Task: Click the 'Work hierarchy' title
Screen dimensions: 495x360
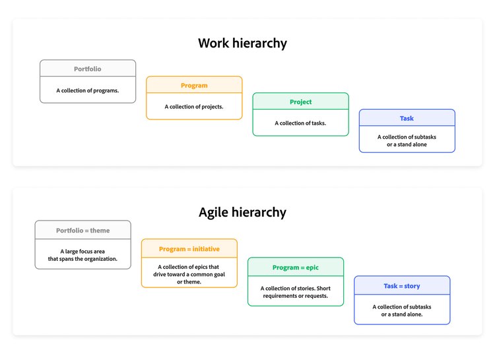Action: (x=242, y=44)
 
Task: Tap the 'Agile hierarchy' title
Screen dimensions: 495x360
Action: (x=242, y=212)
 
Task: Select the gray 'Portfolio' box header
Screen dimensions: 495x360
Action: (x=88, y=68)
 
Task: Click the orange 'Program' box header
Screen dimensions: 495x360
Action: (x=194, y=85)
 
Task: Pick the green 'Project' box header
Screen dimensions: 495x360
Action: (x=300, y=101)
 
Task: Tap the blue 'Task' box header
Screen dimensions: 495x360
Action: (x=407, y=118)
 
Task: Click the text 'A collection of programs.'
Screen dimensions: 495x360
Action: (x=88, y=90)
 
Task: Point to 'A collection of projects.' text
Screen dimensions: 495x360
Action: (x=194, y=107)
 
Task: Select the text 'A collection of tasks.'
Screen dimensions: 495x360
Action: (x=300, y=124)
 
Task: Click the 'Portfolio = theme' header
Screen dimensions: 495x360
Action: (x=83, y=231)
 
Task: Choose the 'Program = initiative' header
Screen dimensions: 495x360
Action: (x=189, y=249)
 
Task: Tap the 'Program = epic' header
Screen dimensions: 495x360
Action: (x=296, y=268)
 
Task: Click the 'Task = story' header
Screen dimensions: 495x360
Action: (x=402, y=286)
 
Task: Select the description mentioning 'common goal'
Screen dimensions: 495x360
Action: (x=189, y=274)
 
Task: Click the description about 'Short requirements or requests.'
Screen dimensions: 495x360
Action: (x=296, y=292)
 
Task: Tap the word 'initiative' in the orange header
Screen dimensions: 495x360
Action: (x=206, y=249)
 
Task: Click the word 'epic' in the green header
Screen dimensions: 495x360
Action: (x=312, y=268)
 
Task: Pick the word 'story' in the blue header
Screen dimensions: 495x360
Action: (x=412, y=286)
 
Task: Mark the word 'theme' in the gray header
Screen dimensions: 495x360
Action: (x=100, y=231)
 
